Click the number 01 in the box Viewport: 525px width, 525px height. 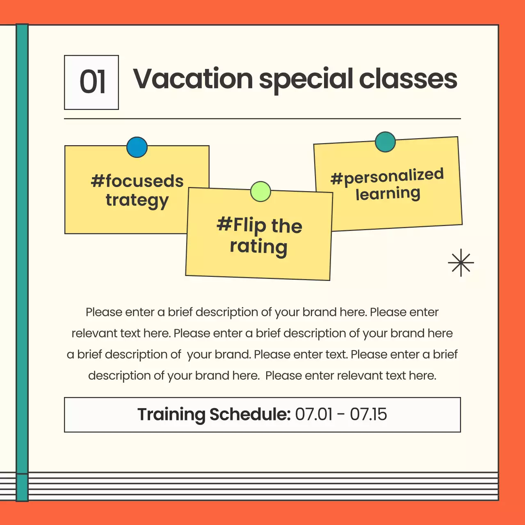(92, 82)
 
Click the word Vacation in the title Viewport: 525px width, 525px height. (193, 79)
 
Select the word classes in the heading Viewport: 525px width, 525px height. (408, 79)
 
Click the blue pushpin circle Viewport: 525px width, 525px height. (137, 147)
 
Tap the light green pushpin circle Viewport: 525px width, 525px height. (260, 192)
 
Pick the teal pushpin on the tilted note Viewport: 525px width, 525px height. (385, 142)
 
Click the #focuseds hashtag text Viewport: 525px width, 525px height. (137, 181)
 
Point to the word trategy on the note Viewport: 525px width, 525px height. (137, 201)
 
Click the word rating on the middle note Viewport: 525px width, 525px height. (258, 247)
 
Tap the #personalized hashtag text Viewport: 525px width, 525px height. (387, 176)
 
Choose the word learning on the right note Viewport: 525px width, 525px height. (388, 194)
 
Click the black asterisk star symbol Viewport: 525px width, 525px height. (461, 262)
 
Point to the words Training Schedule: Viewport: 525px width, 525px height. (214, 414)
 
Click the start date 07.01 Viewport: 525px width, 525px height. (314, 414)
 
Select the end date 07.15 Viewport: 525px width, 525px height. (368, 414)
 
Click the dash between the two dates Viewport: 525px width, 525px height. (341, 415)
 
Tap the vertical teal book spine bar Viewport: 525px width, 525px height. (22, 246)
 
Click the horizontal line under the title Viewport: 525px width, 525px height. (262, 119)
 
